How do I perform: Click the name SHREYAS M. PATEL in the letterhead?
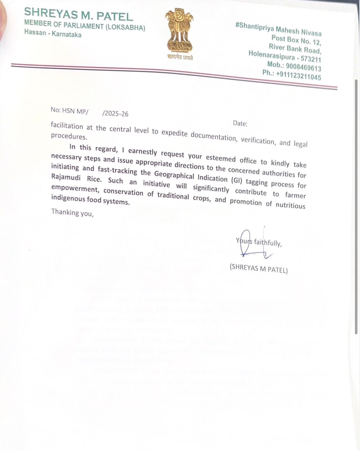[x=78, y=14]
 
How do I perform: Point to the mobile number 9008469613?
[x=303, y=67]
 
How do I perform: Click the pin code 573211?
[x=311, y=59]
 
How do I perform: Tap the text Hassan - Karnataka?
[x=53, y=34]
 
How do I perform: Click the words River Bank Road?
[x=295, y=48]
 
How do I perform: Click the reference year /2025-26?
[x=115, y=113]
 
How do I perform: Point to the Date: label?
[x=240, y=123]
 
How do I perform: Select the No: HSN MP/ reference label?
[x=69, y=111]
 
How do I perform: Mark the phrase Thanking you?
[x=72, y=212]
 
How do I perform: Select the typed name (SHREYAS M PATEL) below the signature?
[x=259, y=269]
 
